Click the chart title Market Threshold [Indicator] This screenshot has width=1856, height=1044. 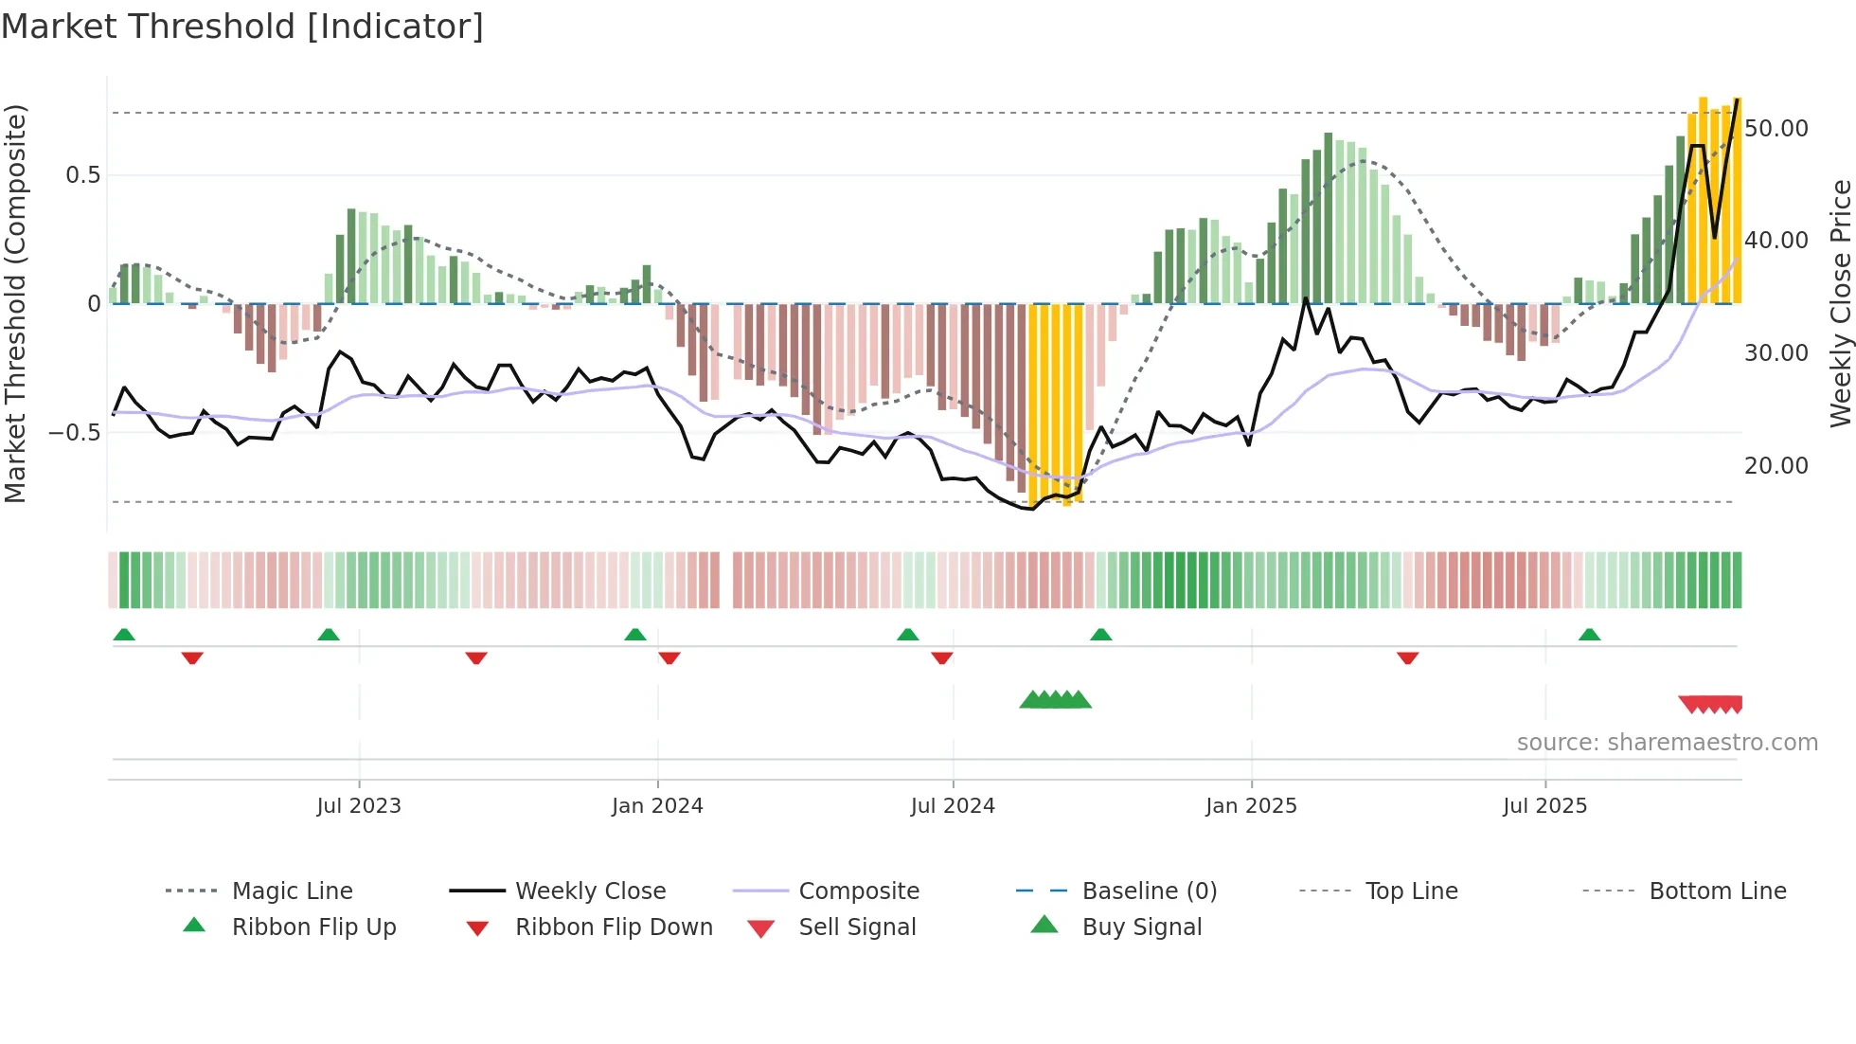pyautogui.click(x=242, y=27)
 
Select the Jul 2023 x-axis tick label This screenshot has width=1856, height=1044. pyautogui.click(x=359, y=806)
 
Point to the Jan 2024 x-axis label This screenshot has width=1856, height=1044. pyautogui.click(x=657, y=806)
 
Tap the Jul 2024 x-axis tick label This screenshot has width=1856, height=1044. pyautogui.click(x=953, y=806)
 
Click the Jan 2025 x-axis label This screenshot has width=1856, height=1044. pyautogui.click(x=1251, y=806)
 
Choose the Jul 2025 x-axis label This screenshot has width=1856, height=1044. pyautogui.click(x=1544, y=806)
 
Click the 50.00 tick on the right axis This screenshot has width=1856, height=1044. pyautogui.click(x=1776, y=129)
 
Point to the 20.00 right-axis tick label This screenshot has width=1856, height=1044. pyautogui.click(x=1776, y=466)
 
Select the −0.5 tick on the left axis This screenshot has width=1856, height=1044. pyautogui.click(x=74, y=433)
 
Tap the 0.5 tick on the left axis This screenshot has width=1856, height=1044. pyautogui.click(x=82, y=175)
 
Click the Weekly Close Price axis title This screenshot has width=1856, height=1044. pyautogui.click(x=1839, y=303)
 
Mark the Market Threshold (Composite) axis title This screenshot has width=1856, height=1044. pyautogui.click(x=15, y=303)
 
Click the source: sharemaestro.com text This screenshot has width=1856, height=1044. pyautogui.click(x=1667, y=743)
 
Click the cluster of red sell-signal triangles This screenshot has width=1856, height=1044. pyautogui.click(x=1711, y=704)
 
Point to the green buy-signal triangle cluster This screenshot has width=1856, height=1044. pyautogui.click(x=1055, y=700)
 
